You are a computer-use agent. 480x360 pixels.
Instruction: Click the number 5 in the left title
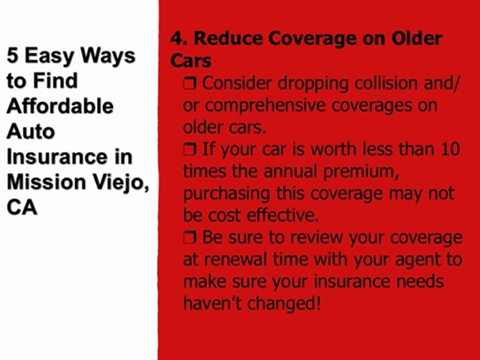(x=12, y=55)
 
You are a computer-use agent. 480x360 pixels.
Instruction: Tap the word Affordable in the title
(x=60, y=106)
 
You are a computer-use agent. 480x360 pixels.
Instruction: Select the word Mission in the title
(x=46, y=182)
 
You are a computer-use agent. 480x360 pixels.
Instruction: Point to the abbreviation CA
(x=21, y=207)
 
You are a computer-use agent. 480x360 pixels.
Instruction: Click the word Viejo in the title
(x=121, y=183)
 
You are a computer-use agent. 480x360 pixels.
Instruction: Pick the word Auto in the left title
(x=30, y=131)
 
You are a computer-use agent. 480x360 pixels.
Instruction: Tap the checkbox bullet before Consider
(x=189, y=83)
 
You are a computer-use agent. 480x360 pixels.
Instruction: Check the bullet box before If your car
(x=189, y=149)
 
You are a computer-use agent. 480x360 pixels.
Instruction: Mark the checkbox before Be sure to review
(x=189, y=237)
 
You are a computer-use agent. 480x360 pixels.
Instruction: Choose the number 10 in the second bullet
(x=450, y=149)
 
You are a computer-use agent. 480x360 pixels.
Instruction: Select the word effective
(x=282, y=215)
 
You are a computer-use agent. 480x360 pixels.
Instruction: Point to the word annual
(x=289, y=171)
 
